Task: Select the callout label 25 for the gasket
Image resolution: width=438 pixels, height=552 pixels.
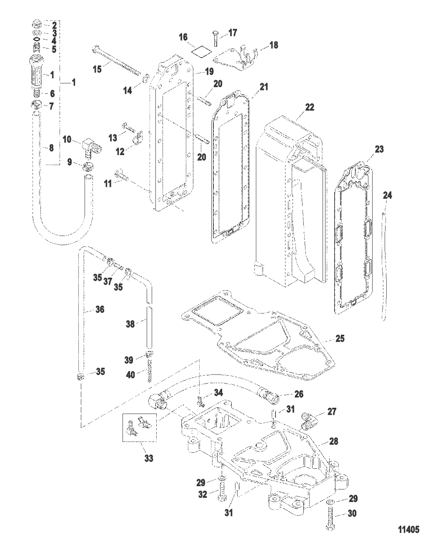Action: (340, 338)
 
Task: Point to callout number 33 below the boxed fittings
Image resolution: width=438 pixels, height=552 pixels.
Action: (148, 458)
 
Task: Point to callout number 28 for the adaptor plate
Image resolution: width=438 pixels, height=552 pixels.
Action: (333, 441)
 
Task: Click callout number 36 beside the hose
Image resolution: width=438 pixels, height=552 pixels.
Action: (100, 309)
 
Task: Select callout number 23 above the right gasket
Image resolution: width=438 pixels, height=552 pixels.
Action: (379, 149)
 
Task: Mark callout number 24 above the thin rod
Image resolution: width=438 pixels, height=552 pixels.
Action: (388, 195)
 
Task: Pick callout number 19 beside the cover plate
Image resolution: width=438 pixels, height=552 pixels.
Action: (209, 72)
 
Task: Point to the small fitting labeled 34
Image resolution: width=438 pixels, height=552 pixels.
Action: (201, 402)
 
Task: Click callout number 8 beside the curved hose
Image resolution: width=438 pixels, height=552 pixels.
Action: (51, 148)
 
